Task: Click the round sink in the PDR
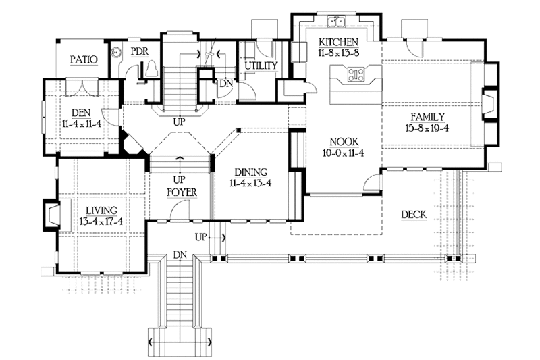click(x=115, y=51)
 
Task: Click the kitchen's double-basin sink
click(x=335, y=20)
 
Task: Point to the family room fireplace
click(x=487, y=103)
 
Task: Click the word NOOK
click(x=343, y=141)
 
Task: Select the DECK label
click(x=412, y=215)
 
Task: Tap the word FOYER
click(x=182, y=192)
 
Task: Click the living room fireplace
click(x=51, y=215)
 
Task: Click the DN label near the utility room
click(x=225, y=83)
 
